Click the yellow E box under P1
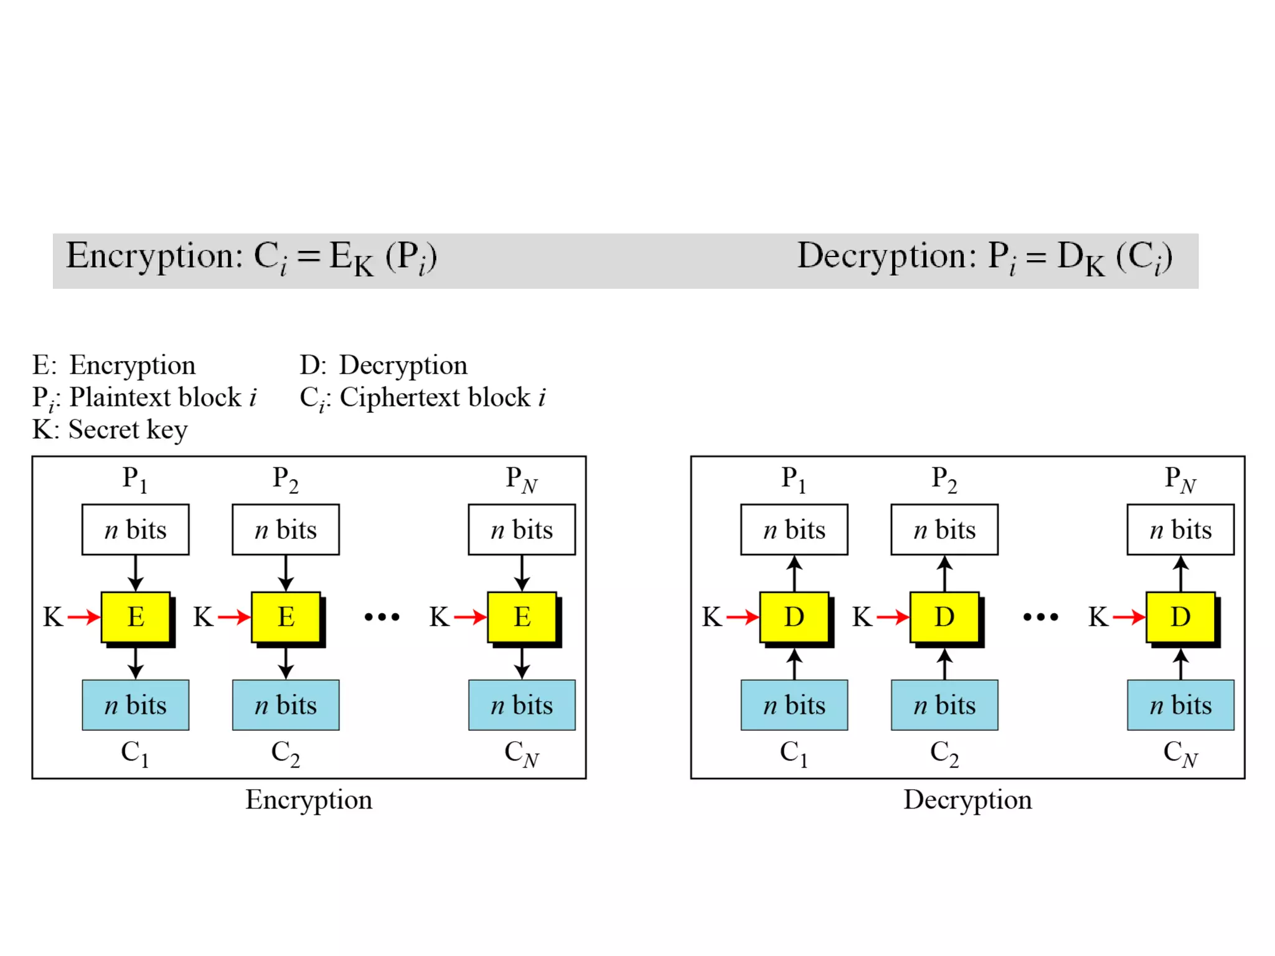click(x=136, y=617)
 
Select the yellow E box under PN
click(x=522, y=617)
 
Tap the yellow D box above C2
click(x=944, y=617)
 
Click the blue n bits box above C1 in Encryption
click(x=136, y=705)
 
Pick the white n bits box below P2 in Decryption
click(x=944, y=530)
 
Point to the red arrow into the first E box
click(x=84, y=617)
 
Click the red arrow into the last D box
click(x=1129, y=617)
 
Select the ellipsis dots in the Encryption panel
click(x=382, y=617)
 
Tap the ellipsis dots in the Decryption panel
click(x=1041, y=617)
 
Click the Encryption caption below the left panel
click(x=309, y=800)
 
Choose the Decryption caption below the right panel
click(x=967, y=800)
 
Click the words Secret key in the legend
click(x=128, y=429)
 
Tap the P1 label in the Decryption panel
click(x=794, y=479)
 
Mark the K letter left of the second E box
click(x=203, y=617)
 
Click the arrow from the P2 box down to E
click(x=286, y=573)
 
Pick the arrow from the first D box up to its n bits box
click(x=794, y=573)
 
